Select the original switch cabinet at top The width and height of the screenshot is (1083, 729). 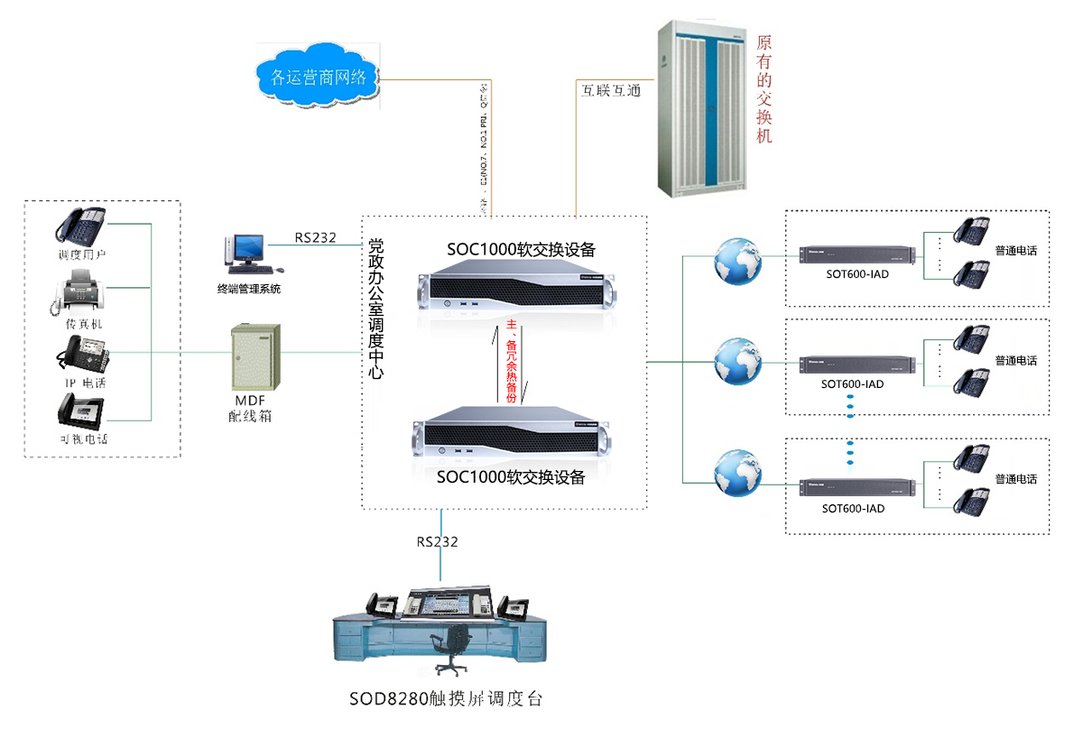705,106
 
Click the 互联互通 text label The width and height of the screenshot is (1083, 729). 610,90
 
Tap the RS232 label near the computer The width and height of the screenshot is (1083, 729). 315,239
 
